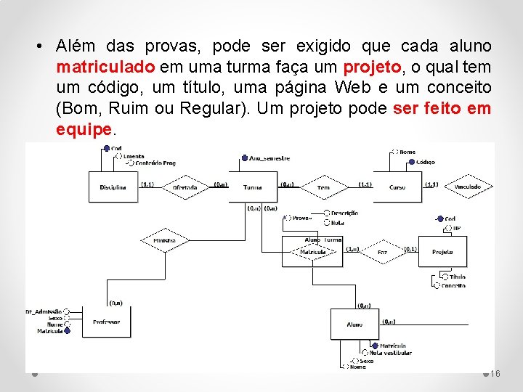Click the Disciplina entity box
click(113, 187)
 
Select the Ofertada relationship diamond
click(185, 187)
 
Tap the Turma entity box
click(253, 187)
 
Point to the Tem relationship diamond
click(323, 187)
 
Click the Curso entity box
click(397, 187)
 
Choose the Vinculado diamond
click(468, 187)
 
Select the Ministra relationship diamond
click(165, 240)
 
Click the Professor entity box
click(107, 322)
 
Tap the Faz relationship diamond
click(382, 252)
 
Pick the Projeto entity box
click(442, 252)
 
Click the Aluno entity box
click(354, 324)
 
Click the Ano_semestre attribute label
click(269, 158)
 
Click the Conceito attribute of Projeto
click(453, 285)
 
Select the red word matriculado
click(105, 67)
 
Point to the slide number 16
click(495, 373)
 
